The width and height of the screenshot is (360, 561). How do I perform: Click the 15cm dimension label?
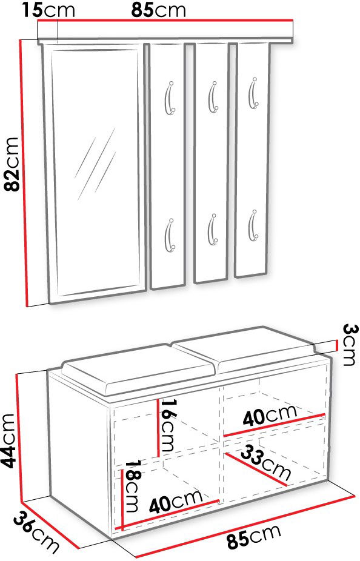(49, 10)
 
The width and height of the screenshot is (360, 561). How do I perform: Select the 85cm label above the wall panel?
(159, 10)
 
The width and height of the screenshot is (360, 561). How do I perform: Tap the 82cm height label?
(11, 164)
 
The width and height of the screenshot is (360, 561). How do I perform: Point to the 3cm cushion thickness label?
(350, 345)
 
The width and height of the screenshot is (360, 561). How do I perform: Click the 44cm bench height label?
(8, 441)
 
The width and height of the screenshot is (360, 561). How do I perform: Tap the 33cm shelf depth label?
(265, 463)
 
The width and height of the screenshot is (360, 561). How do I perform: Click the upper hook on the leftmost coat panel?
(169, 98)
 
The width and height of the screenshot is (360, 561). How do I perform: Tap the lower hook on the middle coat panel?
(212, 230)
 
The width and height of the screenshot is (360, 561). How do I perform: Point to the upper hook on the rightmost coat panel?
(253, 93)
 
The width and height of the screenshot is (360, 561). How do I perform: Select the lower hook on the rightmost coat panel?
(253, 225)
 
